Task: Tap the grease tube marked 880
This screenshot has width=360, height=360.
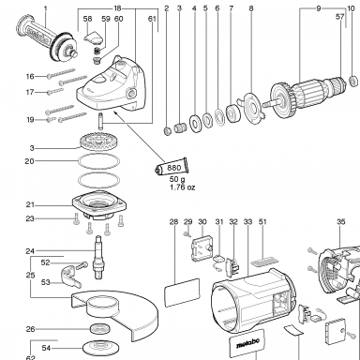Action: [172, 168]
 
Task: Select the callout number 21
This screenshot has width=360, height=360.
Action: [30, 205]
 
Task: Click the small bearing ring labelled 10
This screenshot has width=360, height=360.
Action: [353, 81]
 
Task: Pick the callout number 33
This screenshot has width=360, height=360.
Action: [247, 222]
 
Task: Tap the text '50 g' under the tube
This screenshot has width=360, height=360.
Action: [177, 179]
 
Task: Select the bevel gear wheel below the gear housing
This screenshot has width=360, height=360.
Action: [97, 141]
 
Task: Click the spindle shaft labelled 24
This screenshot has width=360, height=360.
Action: [97, 257]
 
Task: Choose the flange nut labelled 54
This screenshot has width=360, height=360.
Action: [97, 348]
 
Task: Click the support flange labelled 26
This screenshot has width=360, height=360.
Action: [99, 329]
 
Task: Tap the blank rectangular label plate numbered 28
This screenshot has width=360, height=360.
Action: [182, 292]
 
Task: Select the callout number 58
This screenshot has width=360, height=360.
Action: [88, 19]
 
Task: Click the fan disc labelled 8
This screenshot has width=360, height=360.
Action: [251, 109]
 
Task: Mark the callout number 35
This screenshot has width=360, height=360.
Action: [341, 221]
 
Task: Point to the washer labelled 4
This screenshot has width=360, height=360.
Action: [196, 123]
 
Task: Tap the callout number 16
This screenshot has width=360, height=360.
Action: [30, 76]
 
